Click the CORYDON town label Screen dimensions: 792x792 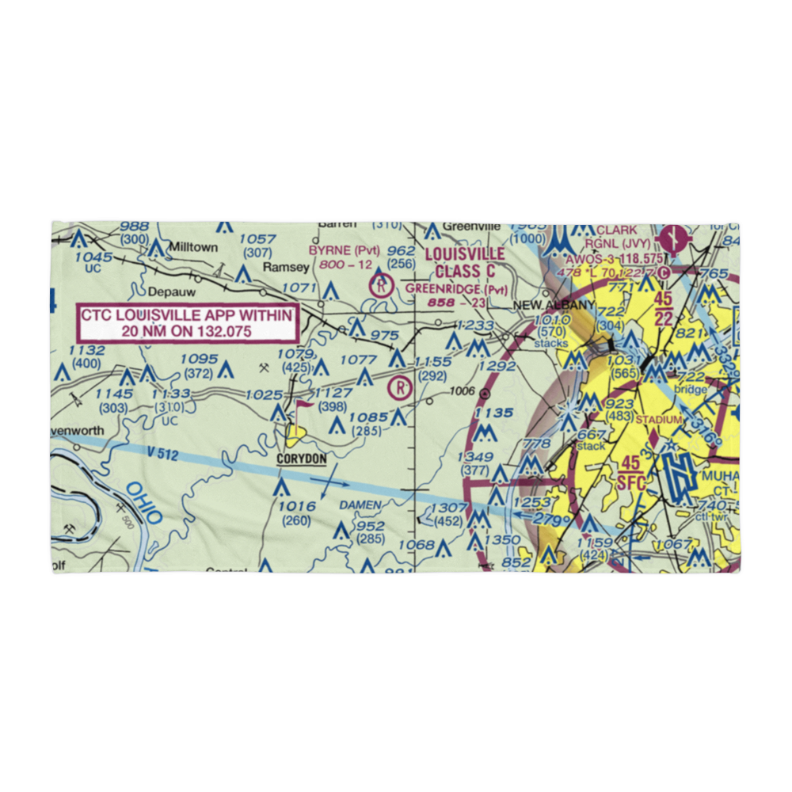301,459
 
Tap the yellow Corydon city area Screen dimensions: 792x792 295,432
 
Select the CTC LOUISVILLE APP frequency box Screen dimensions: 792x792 187,323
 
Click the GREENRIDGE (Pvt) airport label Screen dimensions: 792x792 456,289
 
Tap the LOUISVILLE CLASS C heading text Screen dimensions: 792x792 464,262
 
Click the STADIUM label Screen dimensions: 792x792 659,419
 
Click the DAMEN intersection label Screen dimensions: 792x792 360,505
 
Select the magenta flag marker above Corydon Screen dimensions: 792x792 303,405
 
